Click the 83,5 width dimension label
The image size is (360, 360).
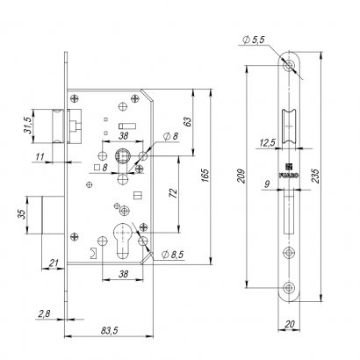click(x=109, y=331)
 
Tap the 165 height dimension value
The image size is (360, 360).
click(x=205, y=176)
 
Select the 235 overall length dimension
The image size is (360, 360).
click(x=315, y=176)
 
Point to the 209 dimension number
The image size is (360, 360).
click(x=241, y=176)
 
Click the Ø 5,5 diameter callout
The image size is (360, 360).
click(x=254, y=40)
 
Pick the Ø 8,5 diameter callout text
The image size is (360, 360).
click(x=172, y=255)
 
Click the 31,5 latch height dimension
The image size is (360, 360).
click(x=28, y=126)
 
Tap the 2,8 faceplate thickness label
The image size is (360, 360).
click(x=44, y=313)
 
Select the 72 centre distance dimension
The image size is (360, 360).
click(x=173, y=193)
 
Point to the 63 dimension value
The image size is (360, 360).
click(x=188, y=122)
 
